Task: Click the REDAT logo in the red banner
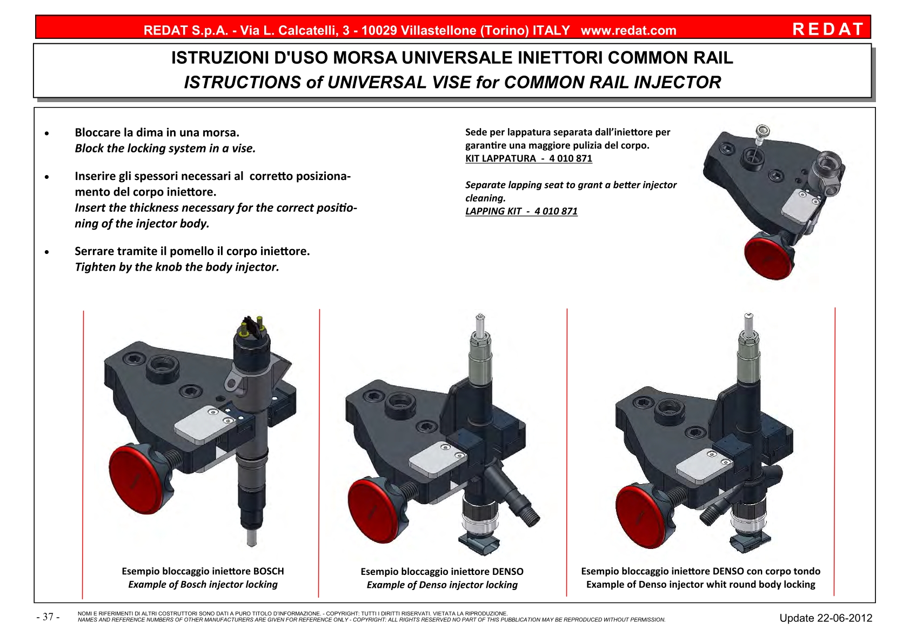tap(828, 29)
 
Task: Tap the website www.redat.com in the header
tap(628, 30)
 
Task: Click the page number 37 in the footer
tap(48, 617)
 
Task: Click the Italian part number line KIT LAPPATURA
tap(528, 158)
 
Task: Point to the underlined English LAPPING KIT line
tap(521, 211)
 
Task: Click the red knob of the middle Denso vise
tap(377, 511)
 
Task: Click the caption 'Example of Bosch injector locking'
tap(203, 585)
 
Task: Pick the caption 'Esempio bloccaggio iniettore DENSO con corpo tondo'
tap(701, 571)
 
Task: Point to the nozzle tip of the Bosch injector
tap(252, 538)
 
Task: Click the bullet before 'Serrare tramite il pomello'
tap(47, 252)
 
